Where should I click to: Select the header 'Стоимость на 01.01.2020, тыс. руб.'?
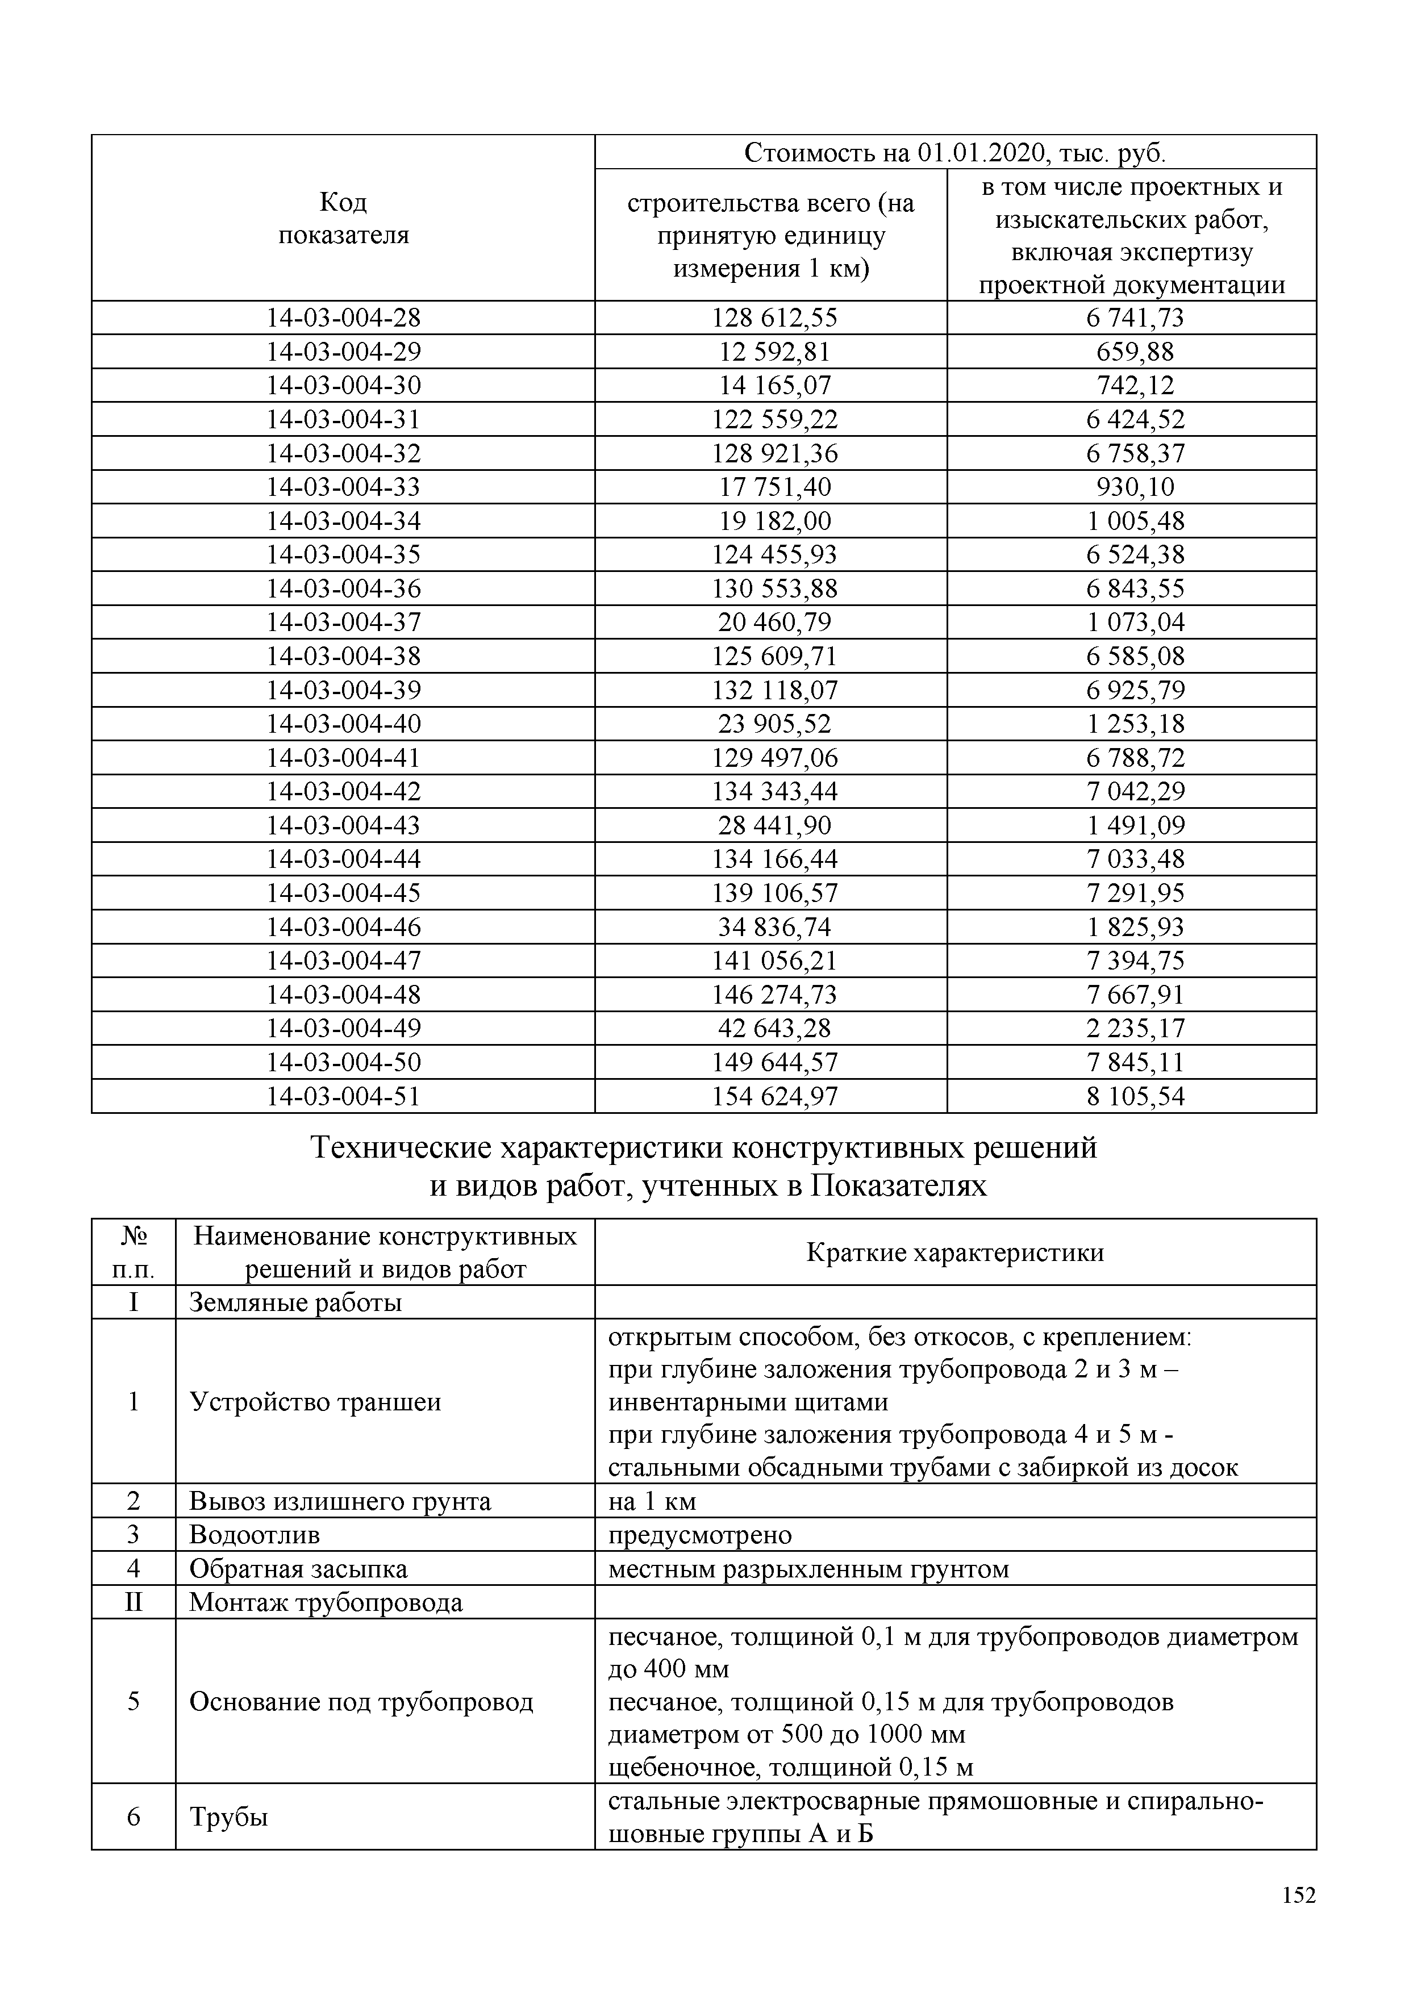click(954, 153)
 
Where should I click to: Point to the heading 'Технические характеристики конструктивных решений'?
click(703, 1147)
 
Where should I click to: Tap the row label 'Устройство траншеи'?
click(315, 1402)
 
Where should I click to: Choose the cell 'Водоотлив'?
click(254, 1535)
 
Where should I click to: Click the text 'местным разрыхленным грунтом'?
click(808, 1569)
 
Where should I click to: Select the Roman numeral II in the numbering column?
click(134, 1602)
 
